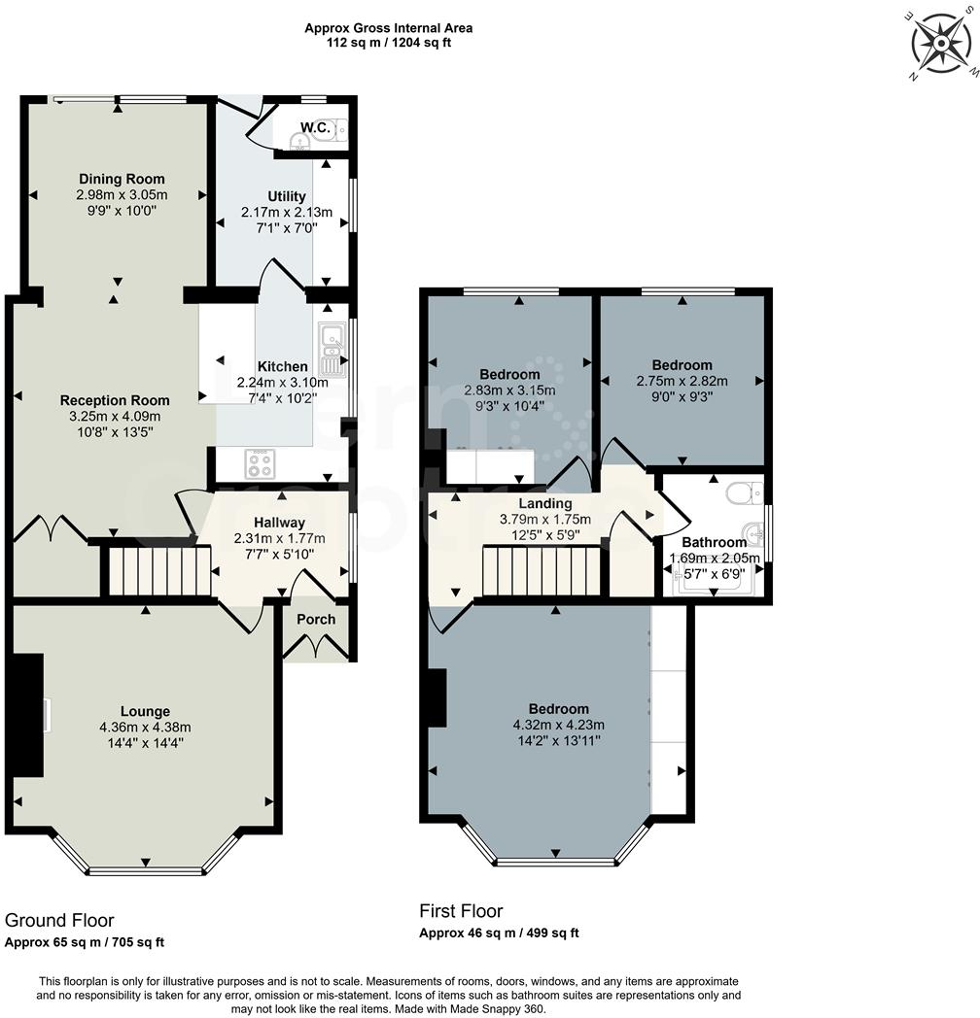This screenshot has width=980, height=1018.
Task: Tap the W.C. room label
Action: tap(313, 127)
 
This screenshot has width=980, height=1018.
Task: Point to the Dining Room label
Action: tap(122, 179)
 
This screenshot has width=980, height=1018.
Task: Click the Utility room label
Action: tap(287, 196)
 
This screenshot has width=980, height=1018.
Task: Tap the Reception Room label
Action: tap(115, 400)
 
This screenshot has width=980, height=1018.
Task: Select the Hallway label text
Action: tap(279, 523)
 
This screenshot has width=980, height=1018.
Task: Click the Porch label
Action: tap(316, 619)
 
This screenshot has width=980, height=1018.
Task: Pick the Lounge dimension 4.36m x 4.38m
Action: tap(145, 727)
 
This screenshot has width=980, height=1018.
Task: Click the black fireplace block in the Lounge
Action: tap(28, 715)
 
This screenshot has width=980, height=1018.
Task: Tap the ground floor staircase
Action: tap(158, 571)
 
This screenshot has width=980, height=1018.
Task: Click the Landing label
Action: tap(545, 503)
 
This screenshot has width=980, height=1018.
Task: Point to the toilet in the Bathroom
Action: tap(745, 494)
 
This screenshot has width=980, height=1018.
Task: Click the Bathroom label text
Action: tap(715, 542)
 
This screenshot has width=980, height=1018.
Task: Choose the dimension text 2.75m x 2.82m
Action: tap(682, 381)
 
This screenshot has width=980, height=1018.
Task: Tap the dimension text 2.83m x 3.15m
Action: tap(509, 390)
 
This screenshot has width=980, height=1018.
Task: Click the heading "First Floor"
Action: tap(461, 911)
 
